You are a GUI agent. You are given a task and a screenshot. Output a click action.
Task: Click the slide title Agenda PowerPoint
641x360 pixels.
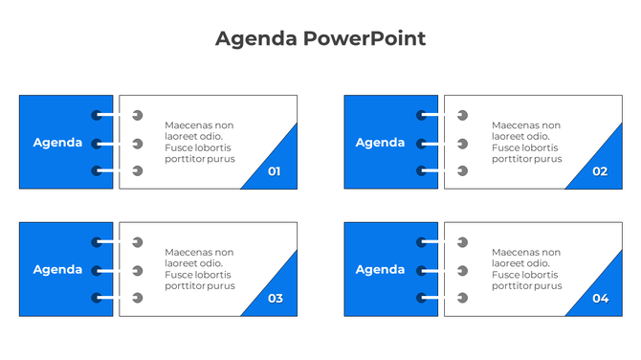pyautogui.click(x=320, y=39)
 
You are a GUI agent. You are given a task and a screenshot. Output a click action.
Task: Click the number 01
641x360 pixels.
pyautogui.click(x=275, y=171)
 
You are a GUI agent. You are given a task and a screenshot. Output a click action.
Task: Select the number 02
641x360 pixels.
pyautogui.click(x=600, y=171)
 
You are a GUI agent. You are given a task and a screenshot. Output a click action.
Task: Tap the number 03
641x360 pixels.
pyautogui.click(x=275, y=299)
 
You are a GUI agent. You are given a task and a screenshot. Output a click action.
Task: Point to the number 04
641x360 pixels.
pyautogui.click(x=600, y=299)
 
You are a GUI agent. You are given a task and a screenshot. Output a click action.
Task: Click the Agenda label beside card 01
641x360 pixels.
pyautogui.click(x=57, y=143)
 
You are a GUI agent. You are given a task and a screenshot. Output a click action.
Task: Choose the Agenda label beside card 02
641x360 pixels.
pyautogui.click(x=380, y=143)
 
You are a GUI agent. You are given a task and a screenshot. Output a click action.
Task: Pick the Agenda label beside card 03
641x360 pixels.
pyautogui.click(x=57, y=270)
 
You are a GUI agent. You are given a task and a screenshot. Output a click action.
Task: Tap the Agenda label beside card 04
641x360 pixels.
pyautogui.click(x=380, y=270)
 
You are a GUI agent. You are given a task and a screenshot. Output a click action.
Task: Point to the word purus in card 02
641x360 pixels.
pyautogui.click(x=548, y=159)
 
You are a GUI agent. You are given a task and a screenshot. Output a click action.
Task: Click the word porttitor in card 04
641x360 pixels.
pyautogui.click(x=512, y=286)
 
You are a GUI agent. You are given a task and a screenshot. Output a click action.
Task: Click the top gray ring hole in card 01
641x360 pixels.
pyautogui.click(x=138, y=116)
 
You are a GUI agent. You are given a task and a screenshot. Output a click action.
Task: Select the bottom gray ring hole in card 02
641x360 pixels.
pyautogui.click(x=462, y=170)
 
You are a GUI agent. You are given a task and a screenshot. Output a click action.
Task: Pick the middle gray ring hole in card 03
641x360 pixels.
pyautogui.click(x=138, y=270)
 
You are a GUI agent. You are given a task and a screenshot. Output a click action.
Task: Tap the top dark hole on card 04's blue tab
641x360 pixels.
pyautogui.click(x=421, y=242)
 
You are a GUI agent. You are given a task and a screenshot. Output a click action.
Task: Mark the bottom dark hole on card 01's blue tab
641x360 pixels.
pyautogui.click(x=96, y=170)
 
